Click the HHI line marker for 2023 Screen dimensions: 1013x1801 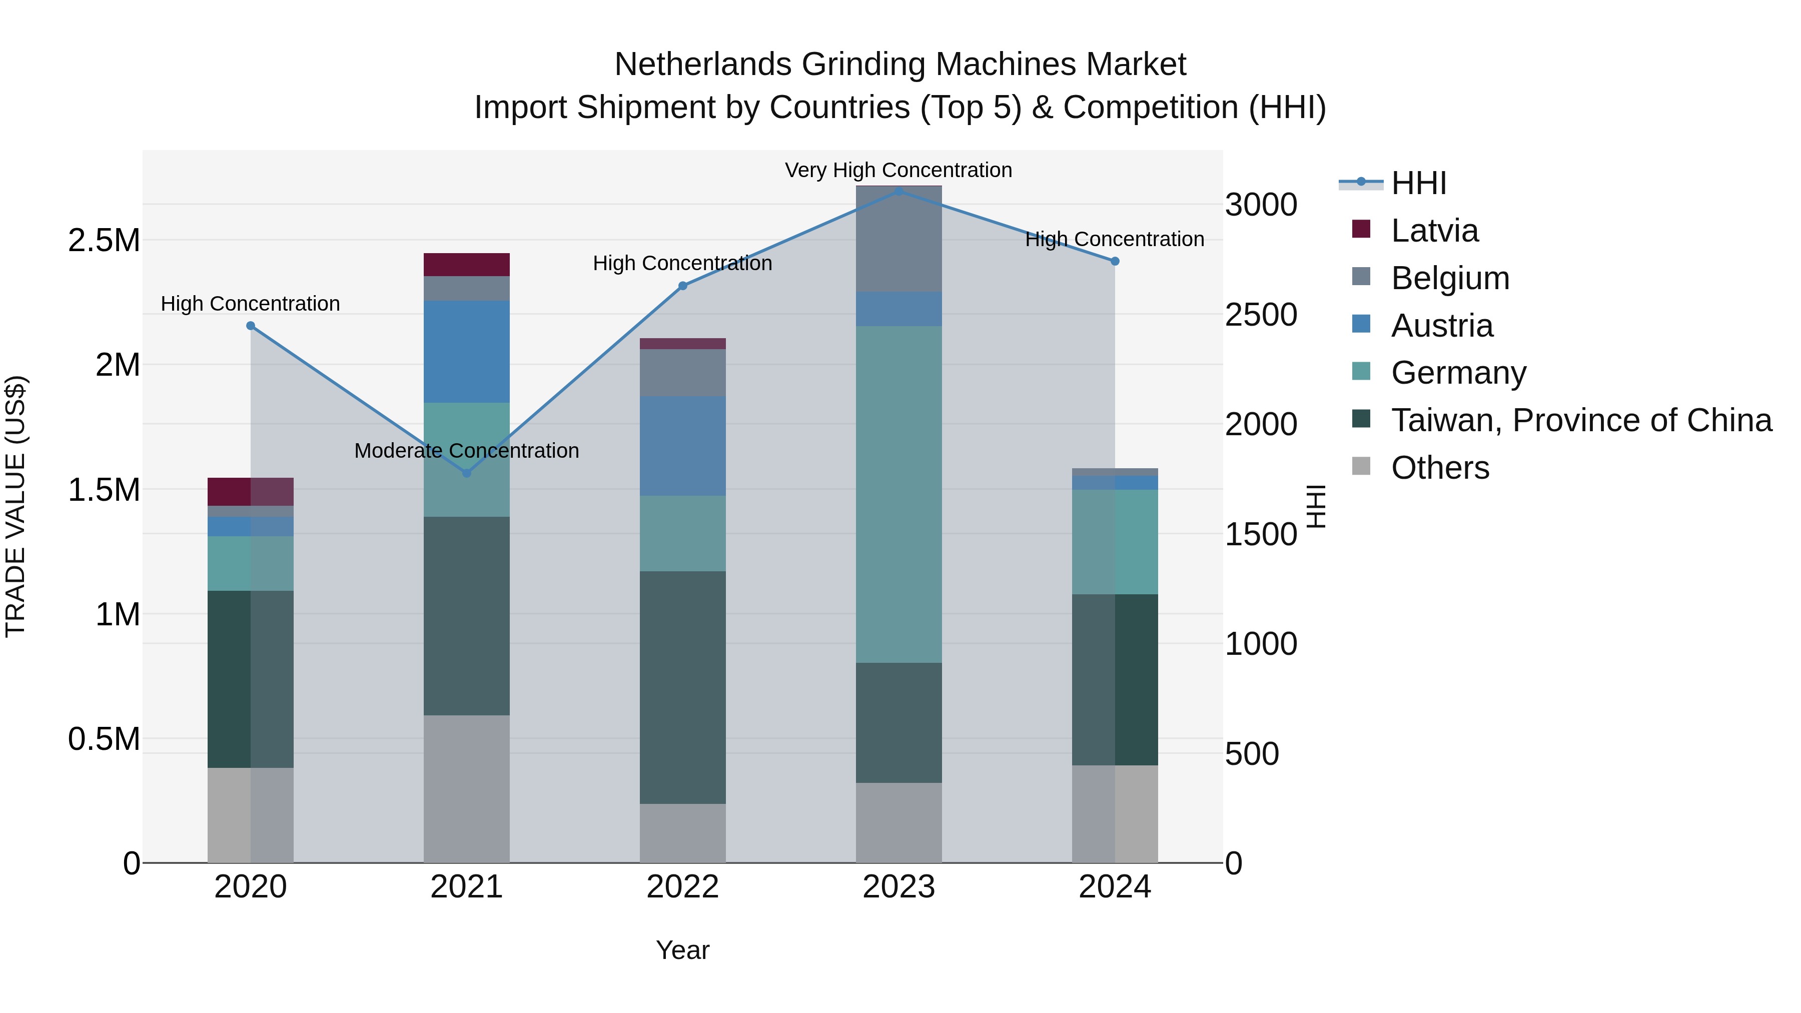899,192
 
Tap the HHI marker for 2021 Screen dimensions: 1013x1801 467,473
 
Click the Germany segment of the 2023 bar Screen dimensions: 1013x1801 898,494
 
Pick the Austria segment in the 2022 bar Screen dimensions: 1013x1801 682,446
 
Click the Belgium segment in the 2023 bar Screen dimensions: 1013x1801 898,239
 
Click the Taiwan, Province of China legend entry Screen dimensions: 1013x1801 1581,420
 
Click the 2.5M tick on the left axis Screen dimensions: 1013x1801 104,241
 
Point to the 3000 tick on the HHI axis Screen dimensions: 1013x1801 1261,205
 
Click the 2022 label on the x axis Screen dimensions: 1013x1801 682,887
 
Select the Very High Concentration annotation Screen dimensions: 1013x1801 898,170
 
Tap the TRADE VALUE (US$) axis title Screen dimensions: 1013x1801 16,506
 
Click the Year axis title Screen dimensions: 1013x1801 682,950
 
